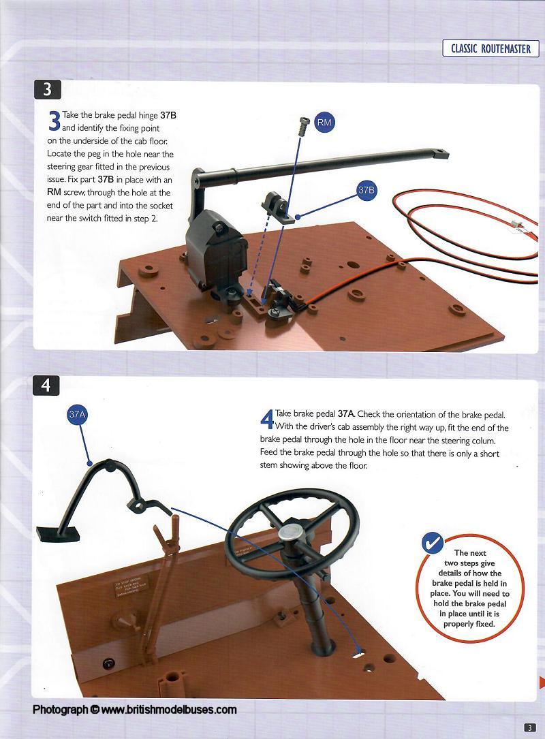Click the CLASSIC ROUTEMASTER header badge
tap(490, 48)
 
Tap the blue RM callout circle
tap(324, 123)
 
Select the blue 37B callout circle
tap(366, 191)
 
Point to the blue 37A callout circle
tap(77, 415)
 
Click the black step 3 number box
tap(47, 89)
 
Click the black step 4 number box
tap(46, 386)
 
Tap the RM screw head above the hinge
tap(302, 122)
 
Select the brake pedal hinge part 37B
tap(279, 206)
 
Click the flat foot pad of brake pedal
tap(57, 535)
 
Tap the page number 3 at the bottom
tap(531, 727)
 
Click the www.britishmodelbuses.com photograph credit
tap(135, 709)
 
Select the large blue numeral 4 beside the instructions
tap(267, 419)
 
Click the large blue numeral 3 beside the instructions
tap(54, 121)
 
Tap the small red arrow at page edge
tap(542, 682)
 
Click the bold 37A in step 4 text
tap(345, 414)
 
